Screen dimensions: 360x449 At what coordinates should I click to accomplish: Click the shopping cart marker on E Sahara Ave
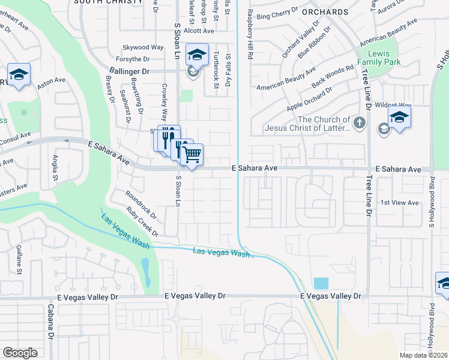[x=191, y=155]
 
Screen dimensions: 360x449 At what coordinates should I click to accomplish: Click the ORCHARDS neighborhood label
[x=325, y=12]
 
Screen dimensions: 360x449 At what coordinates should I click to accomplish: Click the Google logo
[x=20, y=353]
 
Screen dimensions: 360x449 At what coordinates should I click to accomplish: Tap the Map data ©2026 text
[x=424, y=355]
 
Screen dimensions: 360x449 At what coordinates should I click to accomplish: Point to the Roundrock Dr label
[x=141, y=204]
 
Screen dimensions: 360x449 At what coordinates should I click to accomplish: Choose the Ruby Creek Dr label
[x=142, y=221]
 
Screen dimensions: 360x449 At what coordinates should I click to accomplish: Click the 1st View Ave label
[x=400, y=203]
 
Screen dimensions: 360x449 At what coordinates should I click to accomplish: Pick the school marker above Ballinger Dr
[x=196, y=55]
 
